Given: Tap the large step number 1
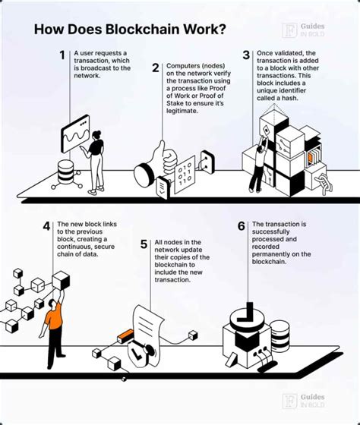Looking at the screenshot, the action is click(x=62, y=55).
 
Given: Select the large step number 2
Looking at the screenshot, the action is click(x=156, y=68).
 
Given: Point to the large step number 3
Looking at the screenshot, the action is click(x=246, y=55).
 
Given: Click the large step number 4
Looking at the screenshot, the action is click(x=46, y=226).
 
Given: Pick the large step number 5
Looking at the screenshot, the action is click(x=144, y=244).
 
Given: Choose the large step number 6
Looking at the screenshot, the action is click(x=242, y=226).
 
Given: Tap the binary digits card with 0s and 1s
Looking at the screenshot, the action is click(x=185, y=175).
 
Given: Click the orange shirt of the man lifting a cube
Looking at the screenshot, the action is click(x=55, y=316).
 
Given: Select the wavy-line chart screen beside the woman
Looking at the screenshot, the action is click(x=75, y=134).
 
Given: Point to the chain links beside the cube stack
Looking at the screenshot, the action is click(x=324, y=183).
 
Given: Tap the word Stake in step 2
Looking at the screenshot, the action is click(x=175, y=103).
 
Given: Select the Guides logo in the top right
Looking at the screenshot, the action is click(x=303, y=30).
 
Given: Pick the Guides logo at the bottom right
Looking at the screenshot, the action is click(x=303, y=401).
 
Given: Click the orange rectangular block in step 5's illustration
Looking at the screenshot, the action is click(x=125, y=335).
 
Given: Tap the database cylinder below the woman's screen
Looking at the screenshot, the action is click(x=66, y=172).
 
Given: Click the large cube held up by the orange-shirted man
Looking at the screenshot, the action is click(x=61, y=281).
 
